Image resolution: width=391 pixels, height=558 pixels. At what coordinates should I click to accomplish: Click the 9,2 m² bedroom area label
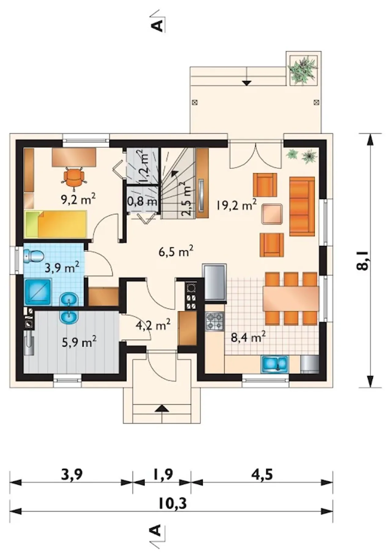79,199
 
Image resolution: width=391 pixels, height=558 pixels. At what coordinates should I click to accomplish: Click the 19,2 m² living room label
236,204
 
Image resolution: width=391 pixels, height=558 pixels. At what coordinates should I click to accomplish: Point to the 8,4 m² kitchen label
248,337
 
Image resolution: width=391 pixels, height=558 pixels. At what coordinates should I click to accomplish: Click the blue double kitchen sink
274,364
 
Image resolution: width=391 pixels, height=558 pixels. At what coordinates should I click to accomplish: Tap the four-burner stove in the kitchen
215,321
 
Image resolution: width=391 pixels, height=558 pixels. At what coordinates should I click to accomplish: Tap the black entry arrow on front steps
162,409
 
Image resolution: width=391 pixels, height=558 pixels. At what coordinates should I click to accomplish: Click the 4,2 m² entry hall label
153,325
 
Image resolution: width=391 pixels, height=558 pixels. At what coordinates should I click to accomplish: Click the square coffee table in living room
272,214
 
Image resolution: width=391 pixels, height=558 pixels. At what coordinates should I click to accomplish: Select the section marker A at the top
157,26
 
